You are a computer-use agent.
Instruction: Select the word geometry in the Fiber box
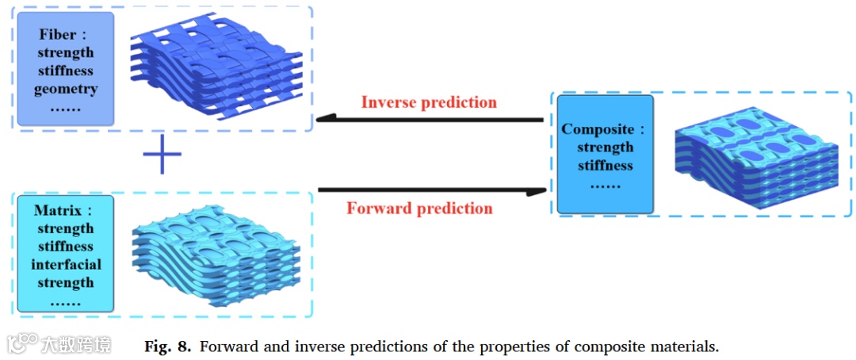[x=66, y=89]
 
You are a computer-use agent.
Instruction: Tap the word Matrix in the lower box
[x=60, y=211]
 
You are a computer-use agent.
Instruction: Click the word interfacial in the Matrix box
[x=67, y=265]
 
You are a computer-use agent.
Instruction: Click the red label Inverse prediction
[x=429, y=102]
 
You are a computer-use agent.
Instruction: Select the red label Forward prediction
[x=419, y=209]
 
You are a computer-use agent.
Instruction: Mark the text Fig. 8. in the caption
[x=167, y=347]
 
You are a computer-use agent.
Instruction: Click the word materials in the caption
[x=682, y=347]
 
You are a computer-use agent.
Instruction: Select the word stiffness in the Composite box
[x=605, y=166]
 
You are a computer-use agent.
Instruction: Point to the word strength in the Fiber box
[x=66, y=52]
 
